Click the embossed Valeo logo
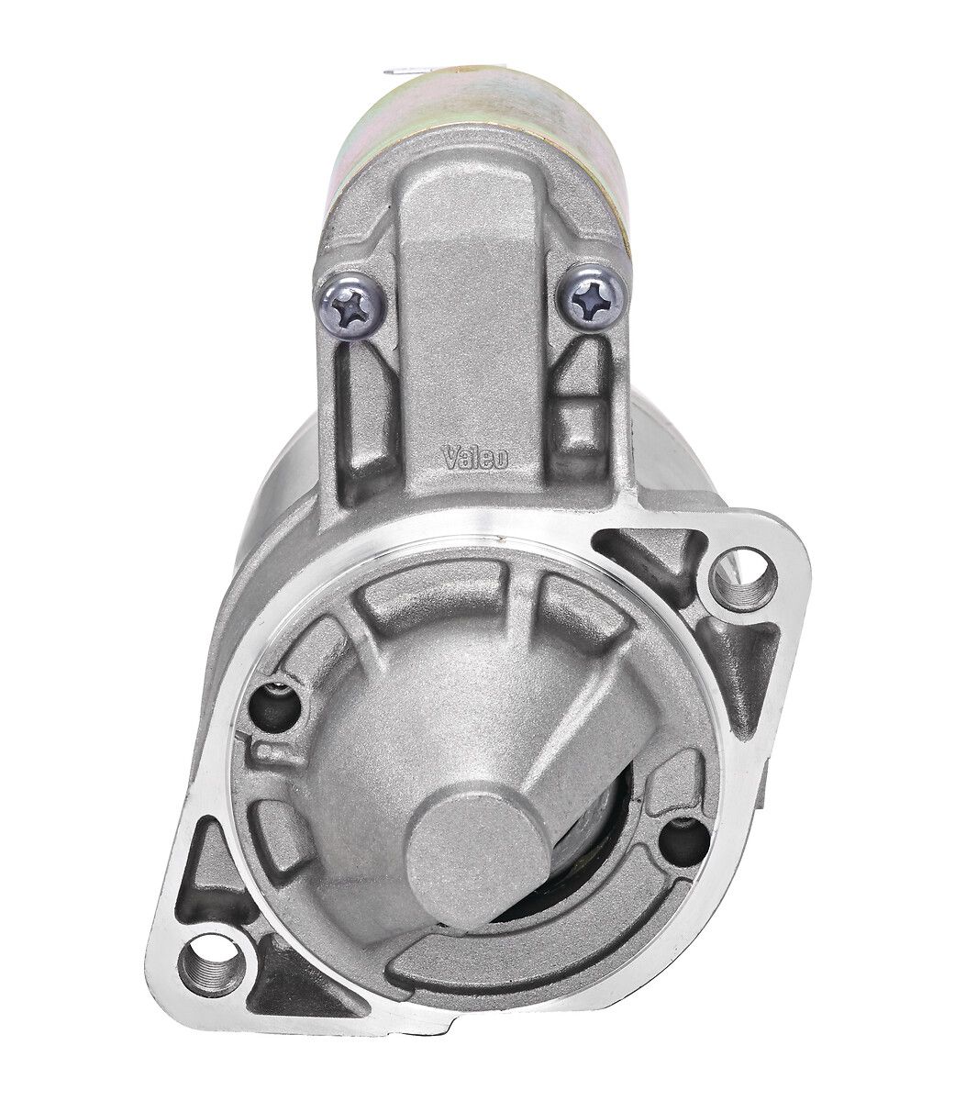click(x=476, y=458)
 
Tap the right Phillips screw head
click(x=594, y=299)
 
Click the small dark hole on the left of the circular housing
click(x=275, y=706)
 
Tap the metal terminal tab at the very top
click(x=407, y=72)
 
